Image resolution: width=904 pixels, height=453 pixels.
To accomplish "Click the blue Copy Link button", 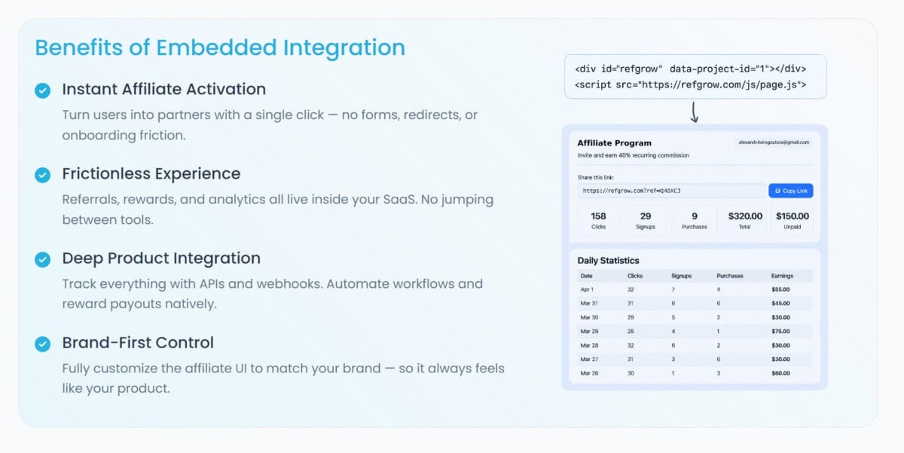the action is pyautogui.click(x=790, y=191).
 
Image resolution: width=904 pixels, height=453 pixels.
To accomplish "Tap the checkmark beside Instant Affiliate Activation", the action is pyautogui.click(x=42, y=90).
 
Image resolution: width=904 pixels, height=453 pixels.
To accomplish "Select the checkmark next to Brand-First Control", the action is pyautogui.click(x=42, y=344).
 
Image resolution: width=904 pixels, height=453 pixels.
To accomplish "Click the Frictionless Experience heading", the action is pyautogui.click(x=151, y=173).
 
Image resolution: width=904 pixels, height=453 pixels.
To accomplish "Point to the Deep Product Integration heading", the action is pyautogui.click(x=161, y=258).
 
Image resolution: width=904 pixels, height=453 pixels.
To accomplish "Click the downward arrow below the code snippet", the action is pyautogui.click(x=694, y=112).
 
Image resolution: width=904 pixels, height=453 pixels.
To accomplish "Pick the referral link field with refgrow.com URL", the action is pyautogui.click(x=671, y=191).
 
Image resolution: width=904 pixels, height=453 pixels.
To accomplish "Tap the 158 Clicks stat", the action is pyautogui.click(x=598, y=220).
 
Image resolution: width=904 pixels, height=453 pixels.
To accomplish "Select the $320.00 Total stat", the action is pyautogui.click(x=745, y=220).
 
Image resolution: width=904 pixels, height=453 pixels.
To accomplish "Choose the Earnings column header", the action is pyautogui.click(x=782, y=276).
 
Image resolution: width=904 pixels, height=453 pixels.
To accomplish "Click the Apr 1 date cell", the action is pyautogui.click(x=587, y=289).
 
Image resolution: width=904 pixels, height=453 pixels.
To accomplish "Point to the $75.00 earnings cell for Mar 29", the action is pyautogui.click(x=780, y=332).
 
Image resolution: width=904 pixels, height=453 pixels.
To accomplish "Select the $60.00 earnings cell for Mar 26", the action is pyautogui.click(x=780, y=373).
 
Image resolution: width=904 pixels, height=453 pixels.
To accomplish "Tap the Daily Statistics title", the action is pyautogui.click(x=608, y=260).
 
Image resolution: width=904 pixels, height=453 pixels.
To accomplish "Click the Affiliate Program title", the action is pyautogui.click(x=614, y=143).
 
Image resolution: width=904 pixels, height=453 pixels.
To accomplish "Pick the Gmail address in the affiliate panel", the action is pyautogui.click(x=774, y=142).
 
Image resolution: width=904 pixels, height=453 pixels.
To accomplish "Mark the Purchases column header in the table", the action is pyautogui.click(x=730, y=276).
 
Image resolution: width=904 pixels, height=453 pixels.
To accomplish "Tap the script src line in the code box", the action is pyautogui.click(x=691, y=84).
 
